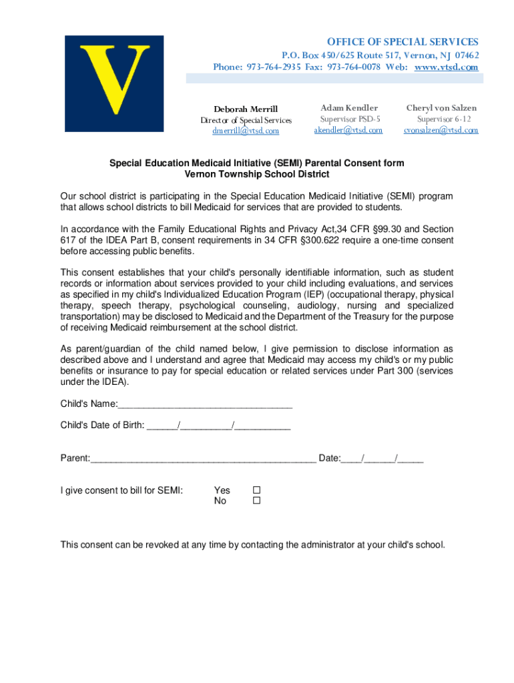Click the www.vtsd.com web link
pos(447,67)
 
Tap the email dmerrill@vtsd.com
pos(246,131)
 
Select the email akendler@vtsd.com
pos(348,131)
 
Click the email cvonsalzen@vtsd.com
pos(441,131)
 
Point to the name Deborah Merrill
pos(246,109)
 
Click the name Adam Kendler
pos(349,108)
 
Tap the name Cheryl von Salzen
pos(441,108)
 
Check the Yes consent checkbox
pos(256,490)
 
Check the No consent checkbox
pos(256,501)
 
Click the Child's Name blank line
pos(206,406)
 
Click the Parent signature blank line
pos(204,459)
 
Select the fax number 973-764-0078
pos(353,67)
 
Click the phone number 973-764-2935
pos(274,67)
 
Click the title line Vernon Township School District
pos(257,175)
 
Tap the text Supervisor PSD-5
pos(349,119)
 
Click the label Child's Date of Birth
pos(102,425)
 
